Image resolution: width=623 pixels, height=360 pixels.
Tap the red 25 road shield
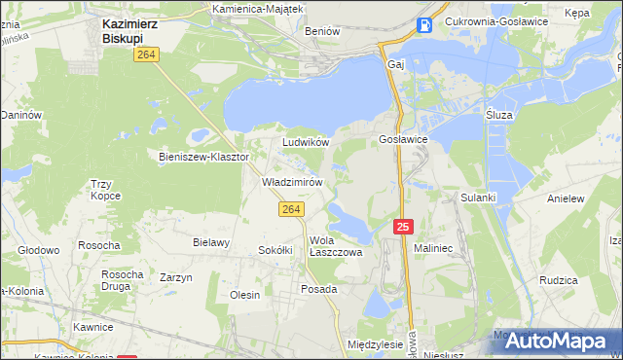click(x=405, y=226)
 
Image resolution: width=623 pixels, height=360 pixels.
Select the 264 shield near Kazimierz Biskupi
click(x=147, y=55)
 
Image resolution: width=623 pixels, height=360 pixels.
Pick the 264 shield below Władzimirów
click(x=291, y=208)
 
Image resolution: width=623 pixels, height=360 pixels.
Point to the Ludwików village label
click(x=306, y=142)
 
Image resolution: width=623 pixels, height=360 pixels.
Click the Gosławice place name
click(x=397, y=140)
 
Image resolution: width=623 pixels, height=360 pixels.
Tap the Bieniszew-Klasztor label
click(x=204, y=156)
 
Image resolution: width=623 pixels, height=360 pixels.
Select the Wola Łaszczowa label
click(x=335, y=246)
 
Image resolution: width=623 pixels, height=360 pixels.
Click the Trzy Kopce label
click(x=105, y=189)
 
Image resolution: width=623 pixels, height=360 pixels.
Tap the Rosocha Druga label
click(x=123, y=280)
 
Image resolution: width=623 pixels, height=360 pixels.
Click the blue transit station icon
click(x=424, y=25)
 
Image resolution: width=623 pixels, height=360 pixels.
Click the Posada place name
click(x=318, y=289)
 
